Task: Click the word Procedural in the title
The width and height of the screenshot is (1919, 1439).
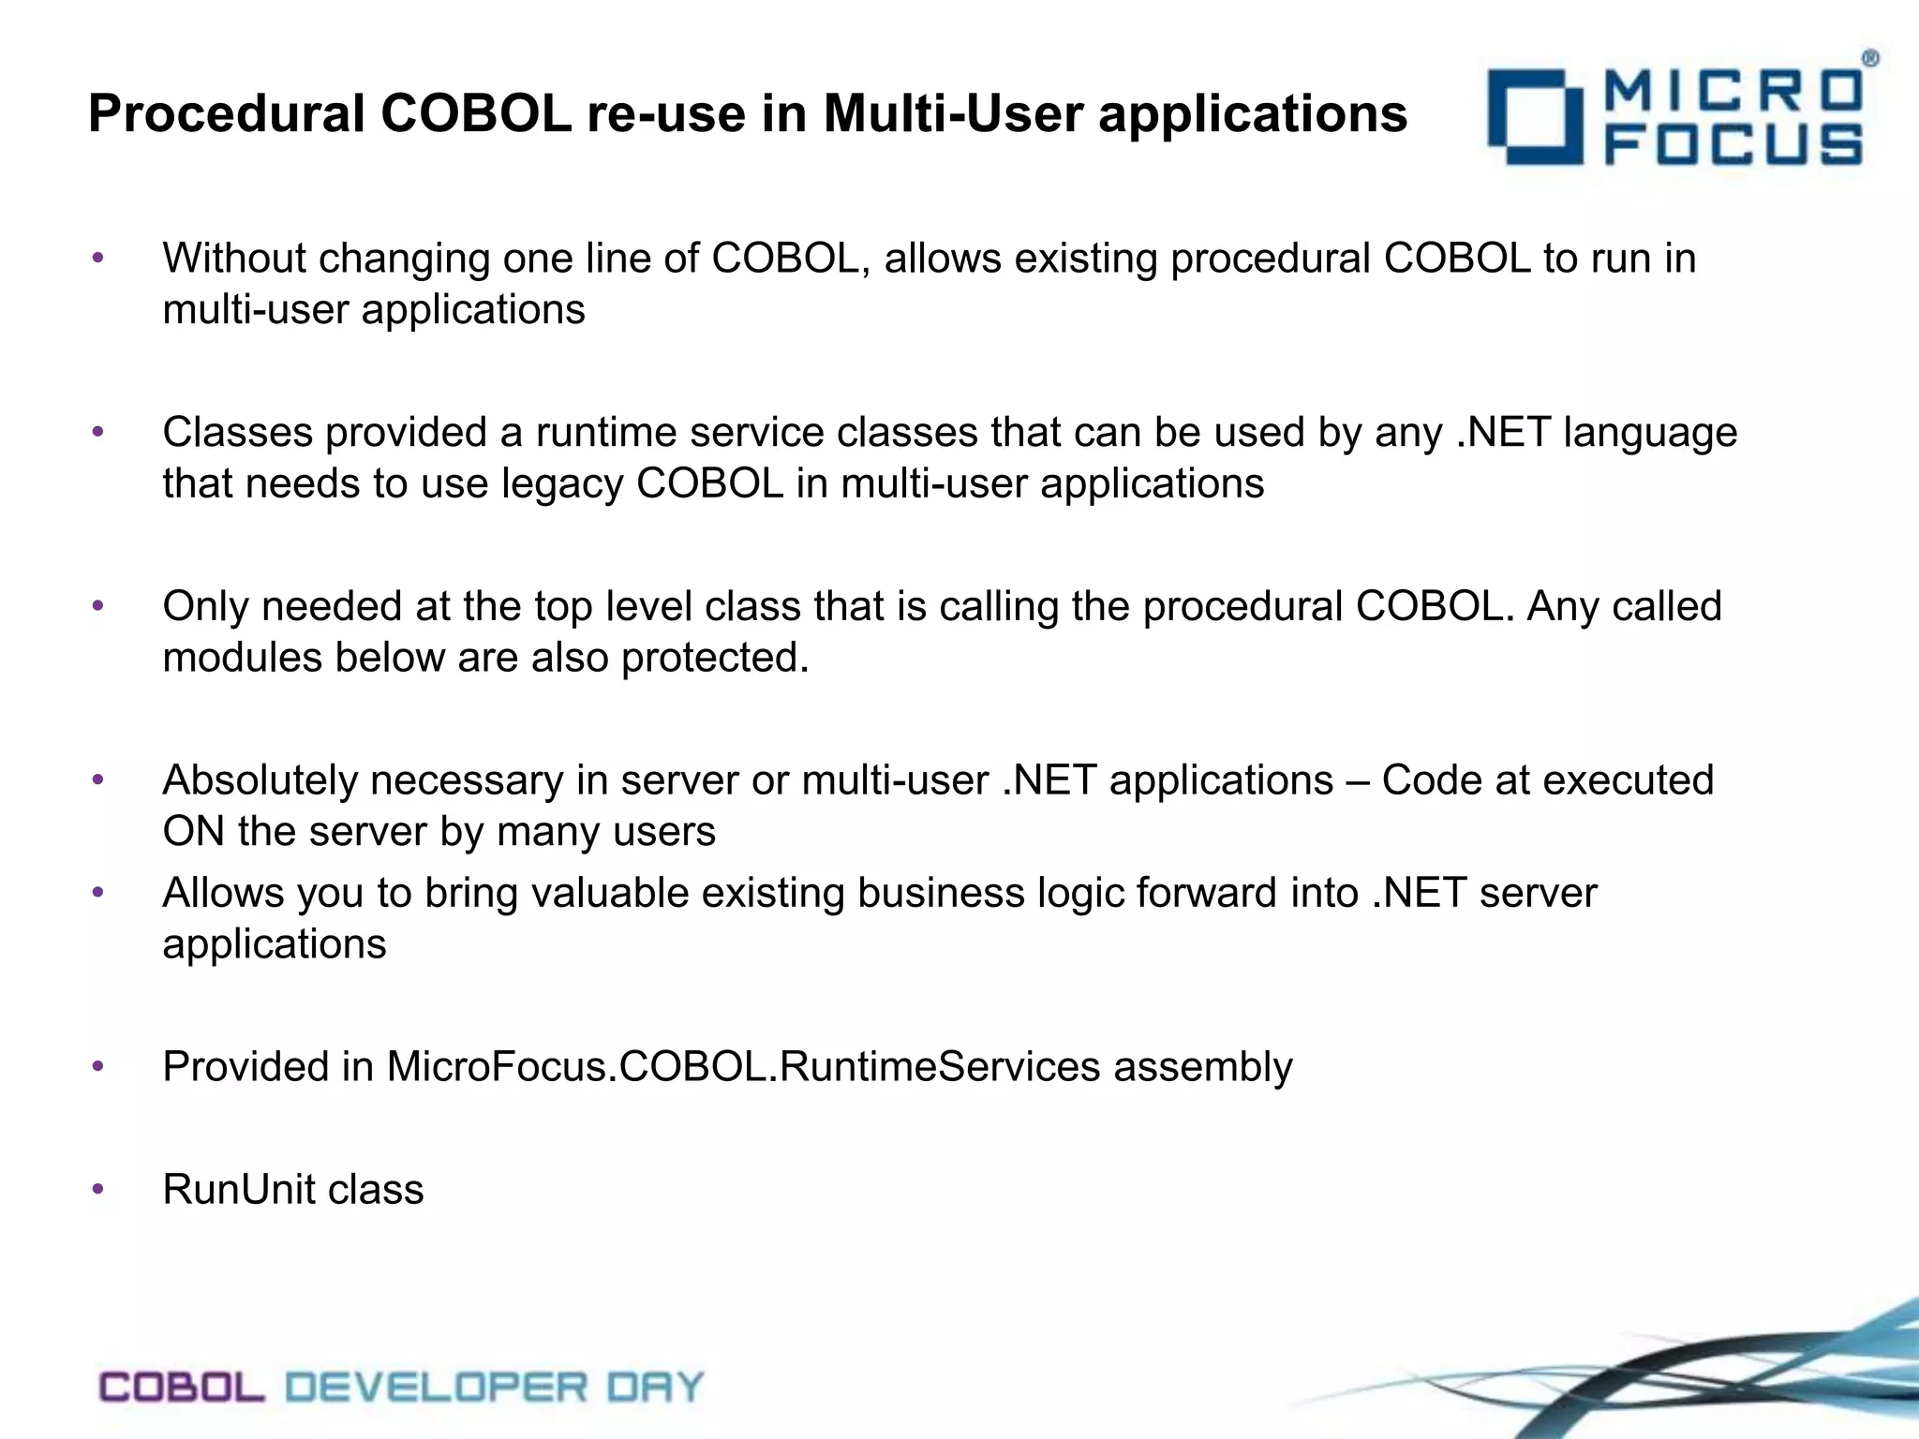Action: coord(227,114)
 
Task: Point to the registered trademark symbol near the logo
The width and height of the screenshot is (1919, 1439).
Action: coord(1869,59)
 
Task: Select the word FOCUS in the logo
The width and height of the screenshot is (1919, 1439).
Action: coord(1733,147)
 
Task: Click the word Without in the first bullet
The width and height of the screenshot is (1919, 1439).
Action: coord(234,259)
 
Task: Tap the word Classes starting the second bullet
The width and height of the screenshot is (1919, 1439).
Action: coord(237,433)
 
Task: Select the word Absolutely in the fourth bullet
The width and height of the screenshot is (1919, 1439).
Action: coord(260,780)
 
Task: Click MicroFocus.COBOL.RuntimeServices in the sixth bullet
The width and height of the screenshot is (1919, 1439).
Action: coord(743,1067)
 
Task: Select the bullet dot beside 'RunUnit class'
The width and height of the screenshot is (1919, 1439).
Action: coord(97,1191)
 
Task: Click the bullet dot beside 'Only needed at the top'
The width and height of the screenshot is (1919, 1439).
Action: coord(97,607)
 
